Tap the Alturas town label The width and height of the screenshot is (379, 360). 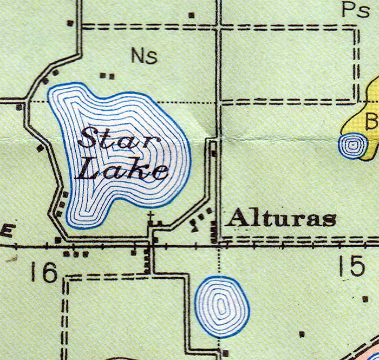tap(282, 219)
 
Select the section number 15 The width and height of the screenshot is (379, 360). tap(349, 266)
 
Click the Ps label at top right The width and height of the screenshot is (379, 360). tap(355, 10)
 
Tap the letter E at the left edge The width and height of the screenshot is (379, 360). tap(7, 232)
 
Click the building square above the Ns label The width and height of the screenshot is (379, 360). tap(191, 15)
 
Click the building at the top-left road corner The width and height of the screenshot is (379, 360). tap(70, 23)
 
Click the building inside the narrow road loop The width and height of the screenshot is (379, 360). tap(213, 153)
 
